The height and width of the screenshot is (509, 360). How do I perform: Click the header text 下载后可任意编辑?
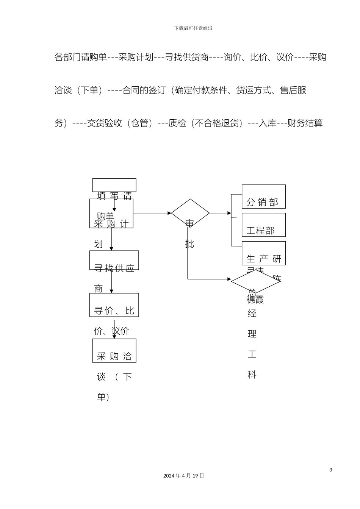[193, 28]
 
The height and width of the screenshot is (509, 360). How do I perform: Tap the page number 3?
[330, 470]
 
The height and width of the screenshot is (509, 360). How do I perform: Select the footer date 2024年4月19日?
[184, 476]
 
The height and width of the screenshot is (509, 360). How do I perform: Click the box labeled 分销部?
[263, 197]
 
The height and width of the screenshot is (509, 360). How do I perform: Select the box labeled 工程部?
[263, 225]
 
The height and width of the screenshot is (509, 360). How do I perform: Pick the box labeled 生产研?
[263, 253]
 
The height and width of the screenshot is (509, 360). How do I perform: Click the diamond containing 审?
[190, 213]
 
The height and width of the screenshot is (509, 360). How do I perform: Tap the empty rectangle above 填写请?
[114, 185]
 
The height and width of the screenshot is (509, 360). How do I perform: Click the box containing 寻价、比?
[114, 305]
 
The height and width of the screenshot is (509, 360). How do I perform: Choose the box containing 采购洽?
[114, 351]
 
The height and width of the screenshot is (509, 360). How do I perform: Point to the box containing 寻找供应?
[114, 260]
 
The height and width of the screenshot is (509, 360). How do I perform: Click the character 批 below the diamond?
[190, 244]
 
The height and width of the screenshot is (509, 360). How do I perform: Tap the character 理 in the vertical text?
[252, 334]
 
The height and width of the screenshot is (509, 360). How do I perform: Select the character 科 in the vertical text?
[252, 375]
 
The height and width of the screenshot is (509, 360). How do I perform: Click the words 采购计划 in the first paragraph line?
[136, 57]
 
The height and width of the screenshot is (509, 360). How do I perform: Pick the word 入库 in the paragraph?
[268, 123]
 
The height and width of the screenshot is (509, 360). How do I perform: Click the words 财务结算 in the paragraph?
[305, 123]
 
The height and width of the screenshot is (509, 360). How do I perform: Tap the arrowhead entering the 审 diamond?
[169, 213]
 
